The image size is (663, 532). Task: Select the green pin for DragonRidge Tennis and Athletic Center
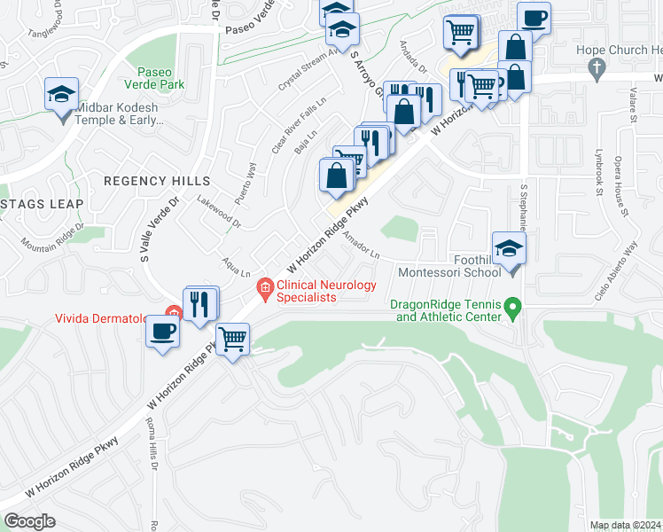click(x=511, y=308)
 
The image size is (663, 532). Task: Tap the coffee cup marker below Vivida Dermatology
click(x=162, y=332)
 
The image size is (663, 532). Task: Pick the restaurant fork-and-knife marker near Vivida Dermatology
click(x=200, y=304)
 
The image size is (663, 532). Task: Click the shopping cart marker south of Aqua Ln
click(x=232, y=338)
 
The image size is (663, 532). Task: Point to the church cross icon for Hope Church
click(x=597, y=67)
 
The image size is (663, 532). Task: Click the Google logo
click(x=29, y=521)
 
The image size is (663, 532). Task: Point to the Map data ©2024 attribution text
click(x=625, y=525)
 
